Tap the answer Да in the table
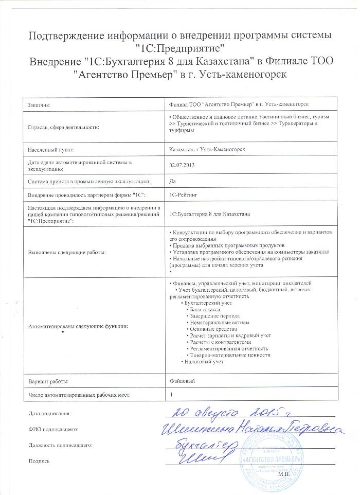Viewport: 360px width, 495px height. pos(172,181)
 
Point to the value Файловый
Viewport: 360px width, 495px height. pos(182,381)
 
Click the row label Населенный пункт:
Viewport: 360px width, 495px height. pos(51,150)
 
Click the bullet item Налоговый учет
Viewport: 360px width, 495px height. pos(204,362)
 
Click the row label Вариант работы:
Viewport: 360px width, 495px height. pos(48,381)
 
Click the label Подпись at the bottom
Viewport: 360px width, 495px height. pos(40,461)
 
